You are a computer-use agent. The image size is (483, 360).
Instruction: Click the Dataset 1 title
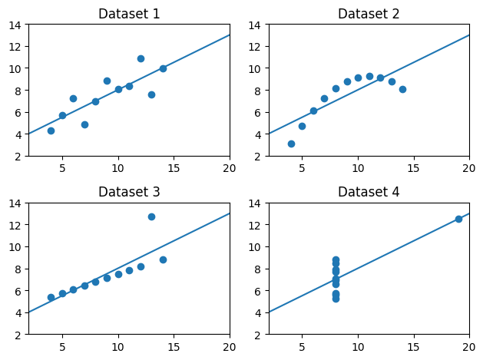pyautogui.click(x=128, y=14)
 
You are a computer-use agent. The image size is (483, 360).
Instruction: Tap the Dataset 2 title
pyautogui.click(x=369, y=14)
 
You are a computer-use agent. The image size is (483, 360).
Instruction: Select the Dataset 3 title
pyautogui.click(x=128, y=192)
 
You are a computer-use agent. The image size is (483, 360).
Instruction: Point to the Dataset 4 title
pyautogui.click(x=369, y=192)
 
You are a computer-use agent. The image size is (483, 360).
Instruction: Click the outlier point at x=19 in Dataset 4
pyautogui.click(x=458, y=219)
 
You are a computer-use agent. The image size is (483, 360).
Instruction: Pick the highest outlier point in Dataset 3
pyautogui.click(x=151, y=216)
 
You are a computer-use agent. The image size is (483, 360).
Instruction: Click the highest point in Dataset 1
pyautogui.click(x=141, y=58)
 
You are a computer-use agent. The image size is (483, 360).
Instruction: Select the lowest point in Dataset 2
pyautogui.click(x=291, y=144)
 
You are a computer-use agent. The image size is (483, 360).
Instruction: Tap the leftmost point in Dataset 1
pyautogui.click(x=51, y=130)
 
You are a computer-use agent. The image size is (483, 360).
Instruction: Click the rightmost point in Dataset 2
pyautogui.click(x=402, y=89)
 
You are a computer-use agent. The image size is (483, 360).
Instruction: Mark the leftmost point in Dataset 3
pyautogui.click(x=51, y=297)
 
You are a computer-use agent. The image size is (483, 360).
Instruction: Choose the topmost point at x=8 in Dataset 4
pyautogui.click(x=336, y=260)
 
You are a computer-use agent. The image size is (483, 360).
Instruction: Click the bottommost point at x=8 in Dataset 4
pyautogui.click(x=336, y=299)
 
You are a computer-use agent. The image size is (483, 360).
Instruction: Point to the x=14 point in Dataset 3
pyautogui.click(x=163, y=259)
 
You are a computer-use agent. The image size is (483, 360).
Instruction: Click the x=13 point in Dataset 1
pyautogui.click(x=151, y=94)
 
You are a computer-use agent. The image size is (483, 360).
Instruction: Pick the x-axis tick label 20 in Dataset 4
pyautogui.click(x=469, y=346)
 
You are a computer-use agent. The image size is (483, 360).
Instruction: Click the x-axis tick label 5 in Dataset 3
pyautogui.click(x=62, y=346)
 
